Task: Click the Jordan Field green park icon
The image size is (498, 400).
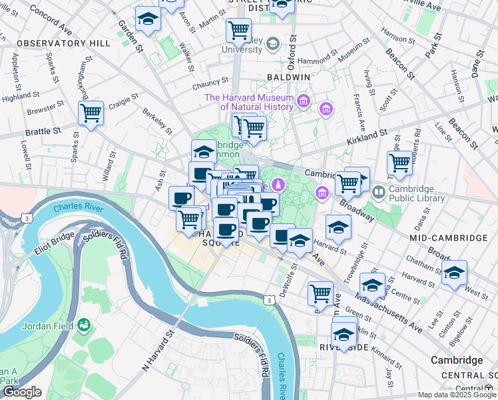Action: tap(84, 325)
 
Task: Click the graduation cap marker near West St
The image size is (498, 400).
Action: tap(454, 273)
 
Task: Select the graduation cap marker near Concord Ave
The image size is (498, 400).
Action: tap(148, 19)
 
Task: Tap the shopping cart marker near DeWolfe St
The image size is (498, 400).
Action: tap(320, 293)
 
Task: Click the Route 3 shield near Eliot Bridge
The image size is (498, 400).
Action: tap(26, 218)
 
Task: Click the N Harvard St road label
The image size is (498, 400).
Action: tap(157, 351)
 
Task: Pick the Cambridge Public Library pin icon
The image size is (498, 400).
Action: tap(379, 193)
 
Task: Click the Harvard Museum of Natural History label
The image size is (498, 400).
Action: tap(248, 102)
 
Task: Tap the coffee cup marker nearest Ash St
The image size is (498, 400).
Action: tap(181, 199)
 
